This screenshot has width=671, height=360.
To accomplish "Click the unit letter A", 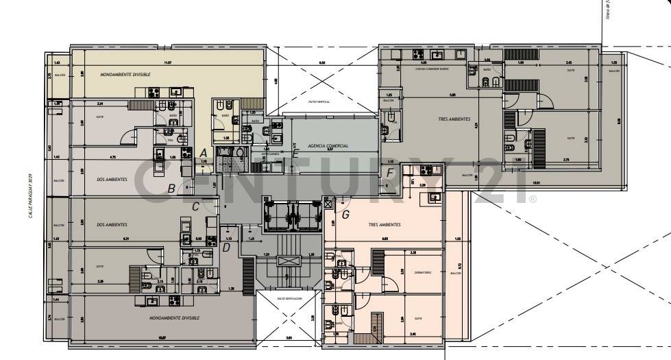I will coord(202,152).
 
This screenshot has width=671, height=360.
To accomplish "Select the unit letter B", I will coord(172,189).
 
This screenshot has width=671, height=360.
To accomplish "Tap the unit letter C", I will coord(195,206).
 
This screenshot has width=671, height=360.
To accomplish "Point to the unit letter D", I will coord(225,247).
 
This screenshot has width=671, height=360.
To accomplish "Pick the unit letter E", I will coord(295,154).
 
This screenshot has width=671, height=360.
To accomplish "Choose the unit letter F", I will coord(389,173).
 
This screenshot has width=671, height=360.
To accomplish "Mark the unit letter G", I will coord(345,214).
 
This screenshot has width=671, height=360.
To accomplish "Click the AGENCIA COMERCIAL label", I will coord(328,146).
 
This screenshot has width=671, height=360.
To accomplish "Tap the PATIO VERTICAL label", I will coord(319,101).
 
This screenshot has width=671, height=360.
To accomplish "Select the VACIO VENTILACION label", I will coord(290,300).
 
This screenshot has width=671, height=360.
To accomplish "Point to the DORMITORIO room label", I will coord(423,272).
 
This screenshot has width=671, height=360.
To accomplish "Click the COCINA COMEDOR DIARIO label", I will coord(422,69).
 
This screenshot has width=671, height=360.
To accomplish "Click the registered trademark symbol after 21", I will coord(532,199).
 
